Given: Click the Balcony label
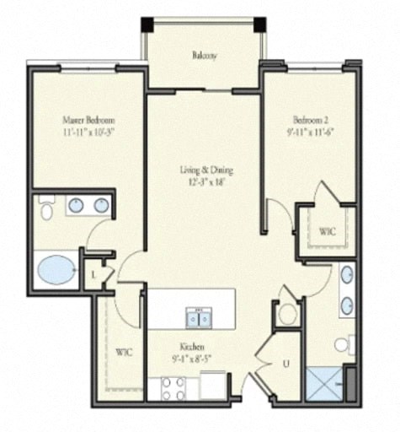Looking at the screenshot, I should pyautogui.click(x=204, y=56).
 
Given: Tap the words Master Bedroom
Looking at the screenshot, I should pyautogui.click(x=88, y=120).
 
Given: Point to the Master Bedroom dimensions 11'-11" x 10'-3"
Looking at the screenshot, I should pyautogui.click(x=88, y=132).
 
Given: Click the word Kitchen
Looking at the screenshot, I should pyautogui.click(x=193, y=347).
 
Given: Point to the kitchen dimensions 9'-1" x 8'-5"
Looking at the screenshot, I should pyautogui.click(x=193, y=359).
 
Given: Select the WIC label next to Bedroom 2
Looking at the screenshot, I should pyautogui.click(x=327, y=229).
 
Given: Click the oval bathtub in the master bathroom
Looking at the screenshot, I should pyautogui.click(x=57, y=270).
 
